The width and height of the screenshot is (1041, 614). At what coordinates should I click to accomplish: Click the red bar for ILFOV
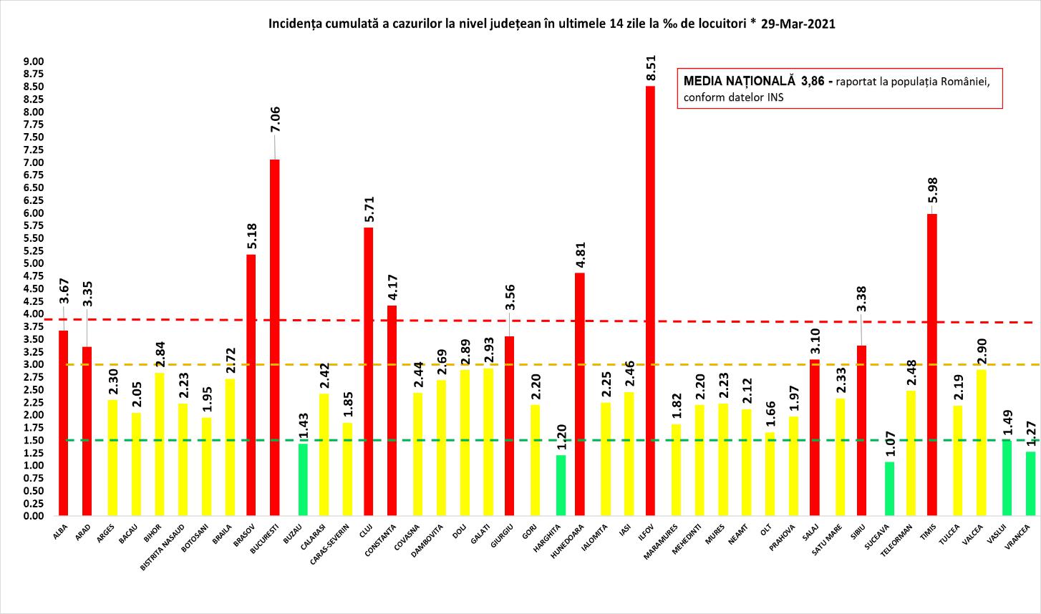coord(650,301)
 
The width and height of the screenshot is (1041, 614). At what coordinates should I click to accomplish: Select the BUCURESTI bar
coord(274,337)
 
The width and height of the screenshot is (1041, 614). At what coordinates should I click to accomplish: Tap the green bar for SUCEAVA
coord(889,489)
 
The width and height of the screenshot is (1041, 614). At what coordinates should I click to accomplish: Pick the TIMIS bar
coord(931,364)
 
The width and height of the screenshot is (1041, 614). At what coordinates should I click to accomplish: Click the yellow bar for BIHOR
coord(159,444)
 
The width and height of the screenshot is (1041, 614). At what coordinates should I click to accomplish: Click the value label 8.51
coord(651,67)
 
